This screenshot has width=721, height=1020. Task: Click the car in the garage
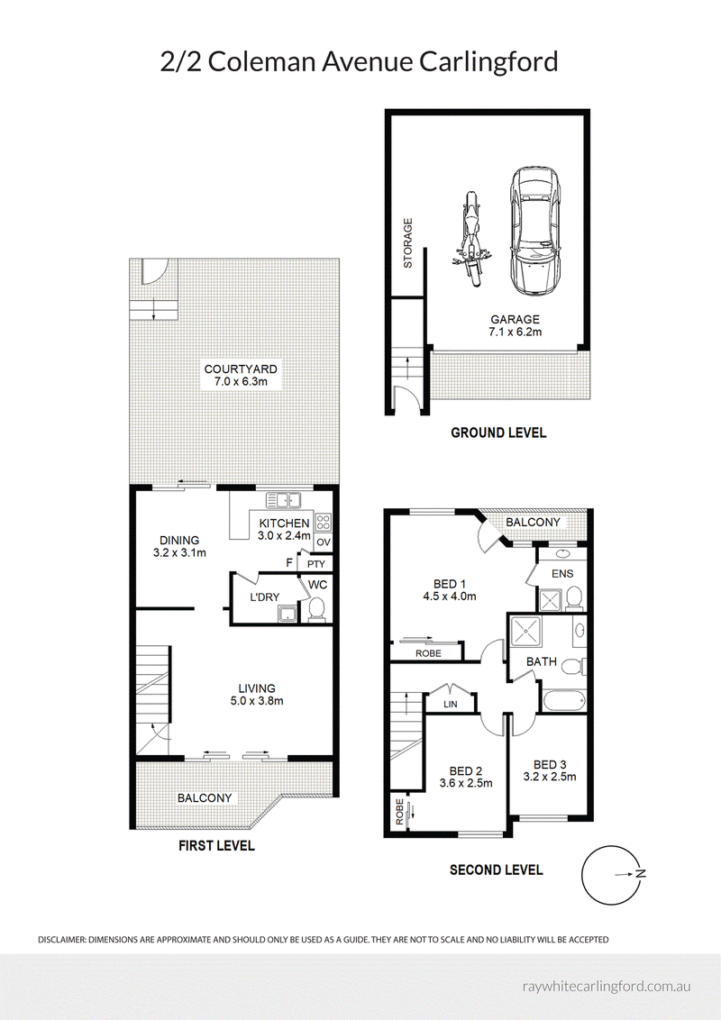(x=533, y=232)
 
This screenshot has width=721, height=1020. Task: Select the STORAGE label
(x=408, y=242)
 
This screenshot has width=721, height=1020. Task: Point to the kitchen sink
(x=284, y=500)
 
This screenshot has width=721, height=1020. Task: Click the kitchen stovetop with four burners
(x=324, y=522)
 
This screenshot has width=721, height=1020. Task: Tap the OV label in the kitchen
(x=324, y=542)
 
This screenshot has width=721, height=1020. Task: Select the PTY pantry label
(x=316, y=564)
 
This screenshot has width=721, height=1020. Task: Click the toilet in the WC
(x=317, y=609)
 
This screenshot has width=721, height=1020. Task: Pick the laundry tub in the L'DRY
(x=287, y=613)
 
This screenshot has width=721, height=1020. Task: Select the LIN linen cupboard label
(x=451, y=704)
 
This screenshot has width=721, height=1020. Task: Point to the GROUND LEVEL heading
(x=498, y=433)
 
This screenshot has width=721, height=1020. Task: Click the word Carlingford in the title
(x=488, y=63)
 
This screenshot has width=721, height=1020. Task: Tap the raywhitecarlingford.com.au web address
(x=607, y=986)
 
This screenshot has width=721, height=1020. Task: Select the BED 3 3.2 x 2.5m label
(x=550, y=770)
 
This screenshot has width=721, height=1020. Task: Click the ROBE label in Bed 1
(x=428, y=653)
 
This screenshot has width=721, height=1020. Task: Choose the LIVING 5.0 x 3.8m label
(x=257, y=694)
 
